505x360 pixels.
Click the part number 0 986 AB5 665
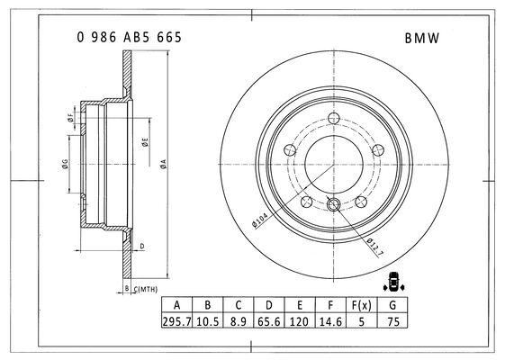point(129,38)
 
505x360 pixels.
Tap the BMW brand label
point(422,39)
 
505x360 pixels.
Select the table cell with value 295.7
point(176,320)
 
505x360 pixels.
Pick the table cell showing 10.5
point(207,320)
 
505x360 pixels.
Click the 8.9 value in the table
point(238,320)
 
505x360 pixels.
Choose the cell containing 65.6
point(269,320)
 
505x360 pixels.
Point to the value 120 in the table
point(300,320)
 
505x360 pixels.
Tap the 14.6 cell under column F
point(330,320)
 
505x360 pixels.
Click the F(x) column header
point(361,304)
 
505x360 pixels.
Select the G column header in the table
point(392,304)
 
